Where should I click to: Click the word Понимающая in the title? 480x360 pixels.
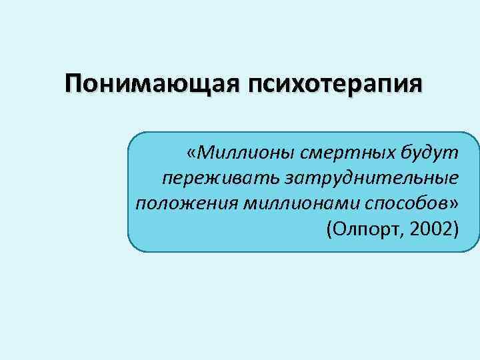(x=154, y=85)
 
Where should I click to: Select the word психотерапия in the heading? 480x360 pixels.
(x=336, y=85)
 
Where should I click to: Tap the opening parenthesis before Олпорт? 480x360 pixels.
(x=329, y=228)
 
